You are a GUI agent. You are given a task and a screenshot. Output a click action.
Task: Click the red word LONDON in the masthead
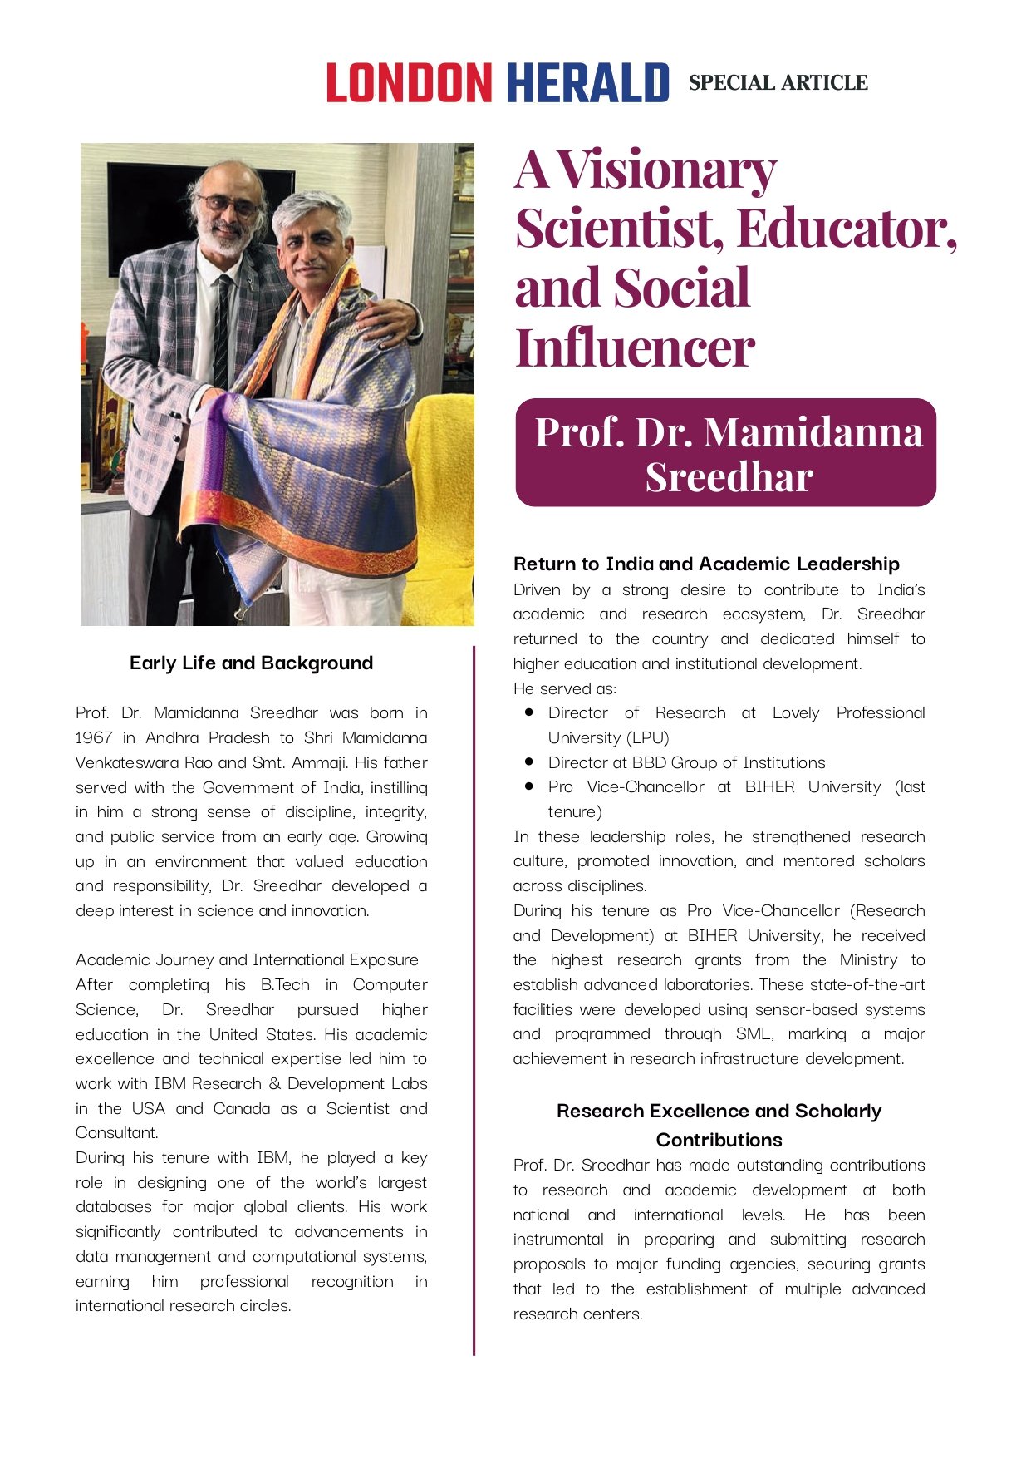(409, 82)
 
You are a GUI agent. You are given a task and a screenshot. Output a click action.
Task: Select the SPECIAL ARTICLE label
(778, 83)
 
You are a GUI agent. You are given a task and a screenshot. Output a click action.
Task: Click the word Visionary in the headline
(667, 170)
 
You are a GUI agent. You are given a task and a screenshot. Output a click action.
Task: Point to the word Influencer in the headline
(635, 347)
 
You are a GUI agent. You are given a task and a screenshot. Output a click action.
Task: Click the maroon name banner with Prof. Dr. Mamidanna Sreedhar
(725, 452)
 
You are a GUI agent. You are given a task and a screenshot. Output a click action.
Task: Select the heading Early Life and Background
(251, 663)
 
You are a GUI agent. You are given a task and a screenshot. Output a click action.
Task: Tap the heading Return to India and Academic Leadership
(706, 564)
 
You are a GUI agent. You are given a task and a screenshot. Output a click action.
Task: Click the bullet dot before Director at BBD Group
(529, 762)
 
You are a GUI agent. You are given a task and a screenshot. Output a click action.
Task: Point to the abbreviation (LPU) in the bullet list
(650, 737)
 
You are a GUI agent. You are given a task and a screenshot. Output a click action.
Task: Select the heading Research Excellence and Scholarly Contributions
(719, 1125)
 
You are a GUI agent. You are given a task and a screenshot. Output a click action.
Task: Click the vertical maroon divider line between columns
(474, 998)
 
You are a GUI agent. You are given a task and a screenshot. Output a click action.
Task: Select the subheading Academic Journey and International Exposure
(247, 959)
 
